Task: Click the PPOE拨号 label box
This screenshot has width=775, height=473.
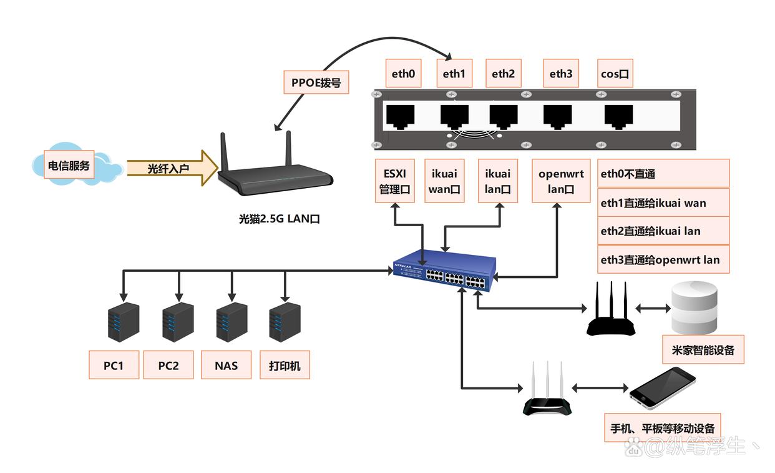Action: pyautogui.click(x=316, y=82)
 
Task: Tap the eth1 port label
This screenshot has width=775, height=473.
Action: pyautogui.click(x=454, y=74)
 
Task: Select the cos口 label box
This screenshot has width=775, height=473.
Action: pyautogui.click(x=614, y=74)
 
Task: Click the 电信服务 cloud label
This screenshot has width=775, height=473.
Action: pyautogui.click(x=69, y=166)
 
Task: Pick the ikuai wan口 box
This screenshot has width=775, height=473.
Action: pyautogui.click(x=444, y=181)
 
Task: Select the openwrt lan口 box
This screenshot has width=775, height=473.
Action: pyautogui.click(x=561, y=181)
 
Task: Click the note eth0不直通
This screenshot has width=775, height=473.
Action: pyautogui.click(x=663, y=174)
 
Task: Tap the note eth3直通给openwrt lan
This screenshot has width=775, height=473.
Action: pyautogui.click(x=663, y=260)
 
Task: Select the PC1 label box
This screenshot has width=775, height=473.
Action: pyautogui.click(x=114, y=366)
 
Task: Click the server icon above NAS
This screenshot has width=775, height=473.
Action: pyautogui.click(x=232, y=322)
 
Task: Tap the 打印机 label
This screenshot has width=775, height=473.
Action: pyautogui.click(x=285, y=366)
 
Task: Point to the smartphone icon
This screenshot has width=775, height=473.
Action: pyautogui.click(x=662, y=389)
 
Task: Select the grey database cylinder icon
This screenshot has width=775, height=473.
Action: pyautogui.click(x=695, y=307)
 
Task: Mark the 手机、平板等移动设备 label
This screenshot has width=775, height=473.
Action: pyautogui.click(x=663, y=428)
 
